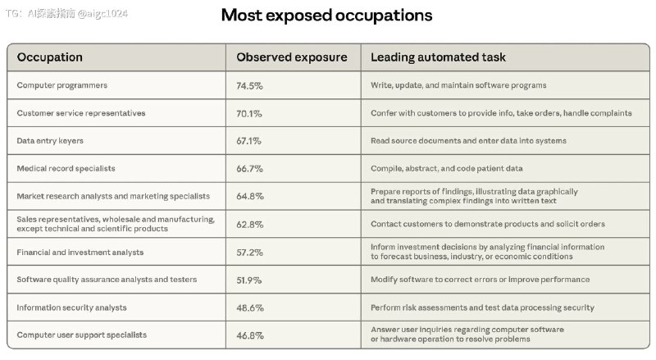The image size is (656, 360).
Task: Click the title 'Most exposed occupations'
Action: [x=326, y=16]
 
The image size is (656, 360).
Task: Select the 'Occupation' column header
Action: [x=50, y=57]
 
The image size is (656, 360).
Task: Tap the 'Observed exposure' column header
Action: [x=292, y=57]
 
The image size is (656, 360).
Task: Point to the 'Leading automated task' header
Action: [x=438, y=57]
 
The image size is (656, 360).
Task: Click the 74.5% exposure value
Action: [x=249, y=86]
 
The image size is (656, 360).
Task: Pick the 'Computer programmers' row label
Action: [x=62, y=85]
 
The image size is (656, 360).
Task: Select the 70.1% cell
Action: [x=249, y=113]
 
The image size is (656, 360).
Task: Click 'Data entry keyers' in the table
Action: [x=50, y=141]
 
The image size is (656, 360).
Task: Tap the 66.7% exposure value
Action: [x=249, y=169]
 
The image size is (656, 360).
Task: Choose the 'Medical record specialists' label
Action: [x=66, y=169]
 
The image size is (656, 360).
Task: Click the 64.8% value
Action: [x=250, y=196]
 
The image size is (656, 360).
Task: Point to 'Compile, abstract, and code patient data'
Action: [x=446, y=169]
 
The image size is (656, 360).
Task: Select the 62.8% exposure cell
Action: [x=250, y=225]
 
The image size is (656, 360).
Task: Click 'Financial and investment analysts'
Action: [x=80, y=253]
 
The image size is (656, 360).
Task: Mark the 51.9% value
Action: [x=249, y=280]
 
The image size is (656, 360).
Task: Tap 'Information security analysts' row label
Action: [x=71, y=308]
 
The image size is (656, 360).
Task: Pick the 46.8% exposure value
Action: [x=250, y=335]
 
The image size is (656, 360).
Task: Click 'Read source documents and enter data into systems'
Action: [x=468, y=141]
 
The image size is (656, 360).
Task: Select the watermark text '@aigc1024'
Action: [x=102, y=13]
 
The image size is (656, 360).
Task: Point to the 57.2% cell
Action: [x=249, y=253]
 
